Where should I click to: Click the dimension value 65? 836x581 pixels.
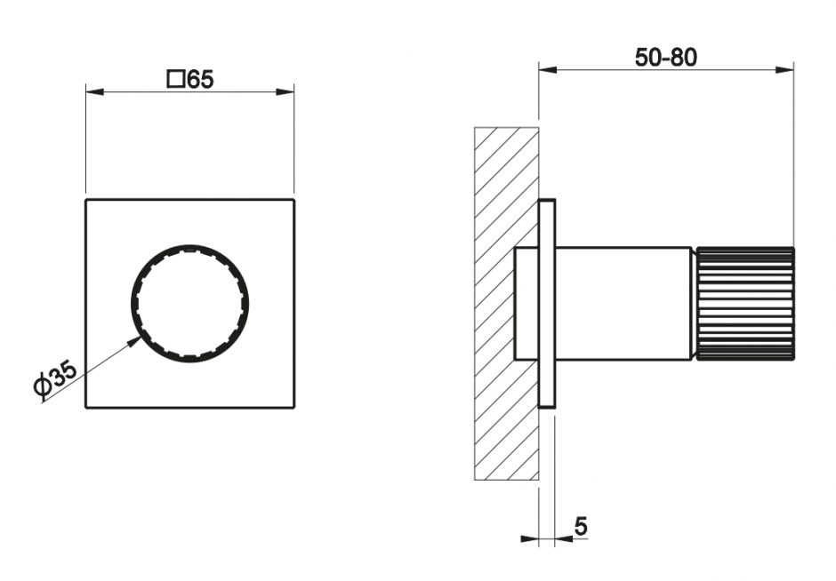[x=200, y=81]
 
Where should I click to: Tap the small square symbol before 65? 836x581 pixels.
[x=176, y=81]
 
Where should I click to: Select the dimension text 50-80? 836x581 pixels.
[x=665, y=58]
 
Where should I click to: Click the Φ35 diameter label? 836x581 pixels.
[x=55, y=379]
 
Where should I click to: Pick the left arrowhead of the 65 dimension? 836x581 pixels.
[x=95, y=92]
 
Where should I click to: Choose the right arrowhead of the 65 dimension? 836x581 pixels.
[x=285, y=92]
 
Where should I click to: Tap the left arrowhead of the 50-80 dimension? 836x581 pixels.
[x=548, y=68]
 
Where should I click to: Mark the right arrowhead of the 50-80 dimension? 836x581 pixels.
[x=784, y=68]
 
